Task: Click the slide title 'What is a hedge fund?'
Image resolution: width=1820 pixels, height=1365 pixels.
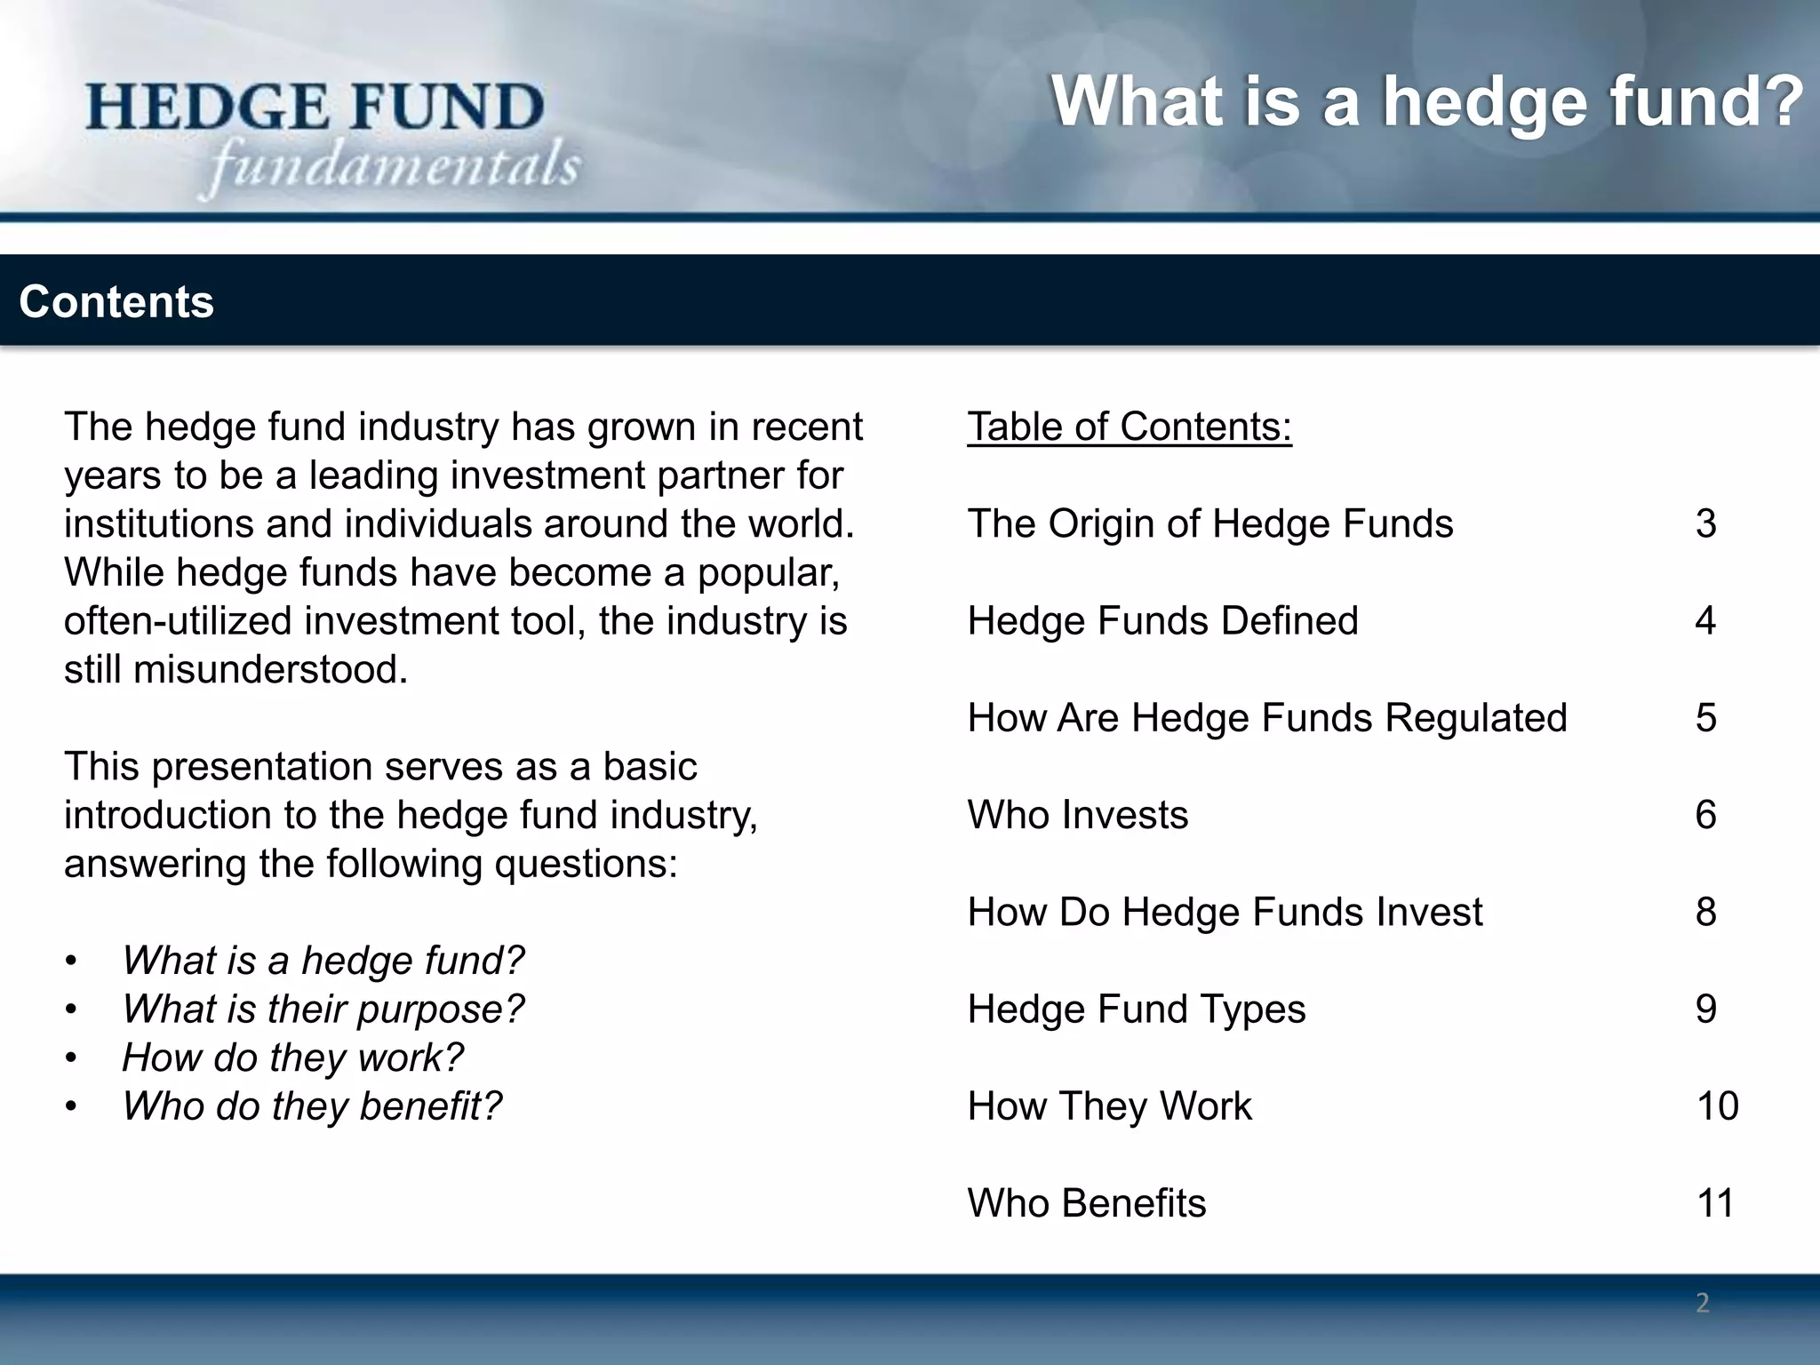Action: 1426,101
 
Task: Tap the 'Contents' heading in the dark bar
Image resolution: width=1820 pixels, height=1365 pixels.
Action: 116,302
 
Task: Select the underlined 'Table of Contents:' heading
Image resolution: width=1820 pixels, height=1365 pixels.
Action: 1129,427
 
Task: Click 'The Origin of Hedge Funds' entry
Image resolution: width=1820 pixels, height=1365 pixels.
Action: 1209,523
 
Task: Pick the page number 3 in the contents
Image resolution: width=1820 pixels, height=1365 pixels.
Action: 1704,523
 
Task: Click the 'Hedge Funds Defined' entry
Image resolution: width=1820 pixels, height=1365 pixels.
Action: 1162,620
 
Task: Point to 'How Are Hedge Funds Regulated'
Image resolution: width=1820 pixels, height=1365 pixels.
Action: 1266,717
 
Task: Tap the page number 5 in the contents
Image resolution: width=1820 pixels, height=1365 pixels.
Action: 1704,717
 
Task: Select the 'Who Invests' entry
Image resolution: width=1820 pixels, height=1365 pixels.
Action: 1077,814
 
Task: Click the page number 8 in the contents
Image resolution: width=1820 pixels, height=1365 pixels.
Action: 1704,912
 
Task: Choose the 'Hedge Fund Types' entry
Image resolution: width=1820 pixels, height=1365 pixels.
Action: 1136,1009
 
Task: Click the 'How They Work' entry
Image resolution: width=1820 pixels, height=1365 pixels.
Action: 1109,1106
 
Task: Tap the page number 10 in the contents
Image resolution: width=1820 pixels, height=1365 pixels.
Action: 1716,1106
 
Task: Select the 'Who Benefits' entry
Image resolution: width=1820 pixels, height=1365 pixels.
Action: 1086,1202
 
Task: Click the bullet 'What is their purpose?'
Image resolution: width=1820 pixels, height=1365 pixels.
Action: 323,1009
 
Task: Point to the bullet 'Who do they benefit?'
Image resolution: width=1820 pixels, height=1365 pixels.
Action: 311,1106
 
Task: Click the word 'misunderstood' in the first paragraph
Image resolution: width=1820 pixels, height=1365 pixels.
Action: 270,669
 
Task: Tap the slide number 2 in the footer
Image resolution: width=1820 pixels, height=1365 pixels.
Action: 1702,1303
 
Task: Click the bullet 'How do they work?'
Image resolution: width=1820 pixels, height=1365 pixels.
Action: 292,1058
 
